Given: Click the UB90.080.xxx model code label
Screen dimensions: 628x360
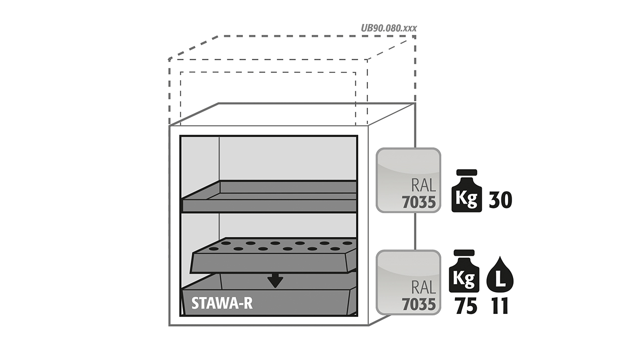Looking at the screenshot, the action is click(389, 28).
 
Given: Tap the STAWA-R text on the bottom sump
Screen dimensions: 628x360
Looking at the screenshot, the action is click(222, 303).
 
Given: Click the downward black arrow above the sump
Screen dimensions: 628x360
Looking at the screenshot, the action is click(275, 281).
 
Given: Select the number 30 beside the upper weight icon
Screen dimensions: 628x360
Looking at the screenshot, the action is click(500, 200).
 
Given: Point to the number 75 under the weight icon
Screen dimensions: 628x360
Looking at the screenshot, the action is click(466, 306).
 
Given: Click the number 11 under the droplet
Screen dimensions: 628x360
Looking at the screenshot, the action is click(500, 306).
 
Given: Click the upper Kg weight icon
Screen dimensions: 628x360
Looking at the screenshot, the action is click(467, 190).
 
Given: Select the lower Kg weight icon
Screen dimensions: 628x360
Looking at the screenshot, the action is click(464, 271).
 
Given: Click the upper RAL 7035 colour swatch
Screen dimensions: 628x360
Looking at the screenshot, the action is click(408, 180).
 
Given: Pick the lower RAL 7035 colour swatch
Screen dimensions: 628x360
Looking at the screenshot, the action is click(408, 282).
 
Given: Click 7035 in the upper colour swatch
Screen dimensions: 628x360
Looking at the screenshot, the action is click(419, 203).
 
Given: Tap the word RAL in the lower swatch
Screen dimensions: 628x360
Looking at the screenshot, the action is click(424, 287).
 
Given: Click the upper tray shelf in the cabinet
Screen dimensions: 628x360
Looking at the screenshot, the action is click(269, 196).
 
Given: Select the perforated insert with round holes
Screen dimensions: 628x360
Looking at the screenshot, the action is click(273, 256).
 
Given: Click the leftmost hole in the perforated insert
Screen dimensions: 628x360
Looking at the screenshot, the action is click(214, 249).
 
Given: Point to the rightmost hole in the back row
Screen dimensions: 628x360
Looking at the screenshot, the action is click(348, 243).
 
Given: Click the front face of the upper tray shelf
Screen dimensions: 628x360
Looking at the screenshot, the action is click(269, 206).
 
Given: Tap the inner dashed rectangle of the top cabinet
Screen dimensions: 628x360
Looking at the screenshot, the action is click(268, 72).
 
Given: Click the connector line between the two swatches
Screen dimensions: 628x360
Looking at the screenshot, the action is click(415, 231).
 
